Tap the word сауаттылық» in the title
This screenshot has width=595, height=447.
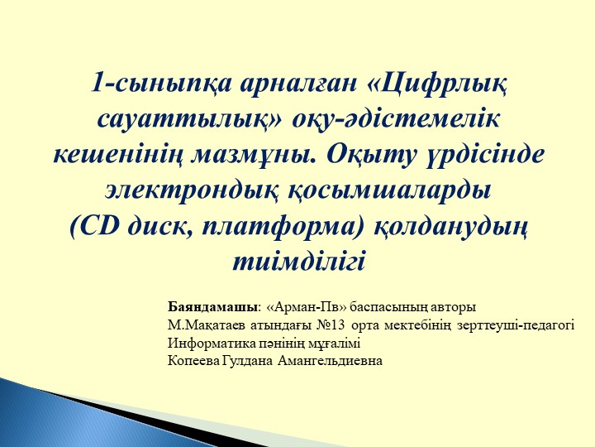click(x=195, y=119)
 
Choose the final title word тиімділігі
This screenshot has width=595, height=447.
click(x=298, y=261)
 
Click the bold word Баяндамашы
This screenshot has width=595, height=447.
click(x=212, y=307)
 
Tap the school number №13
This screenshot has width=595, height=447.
click(x=333, y=325)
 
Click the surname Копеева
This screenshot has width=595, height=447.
click(x=193, y=361)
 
